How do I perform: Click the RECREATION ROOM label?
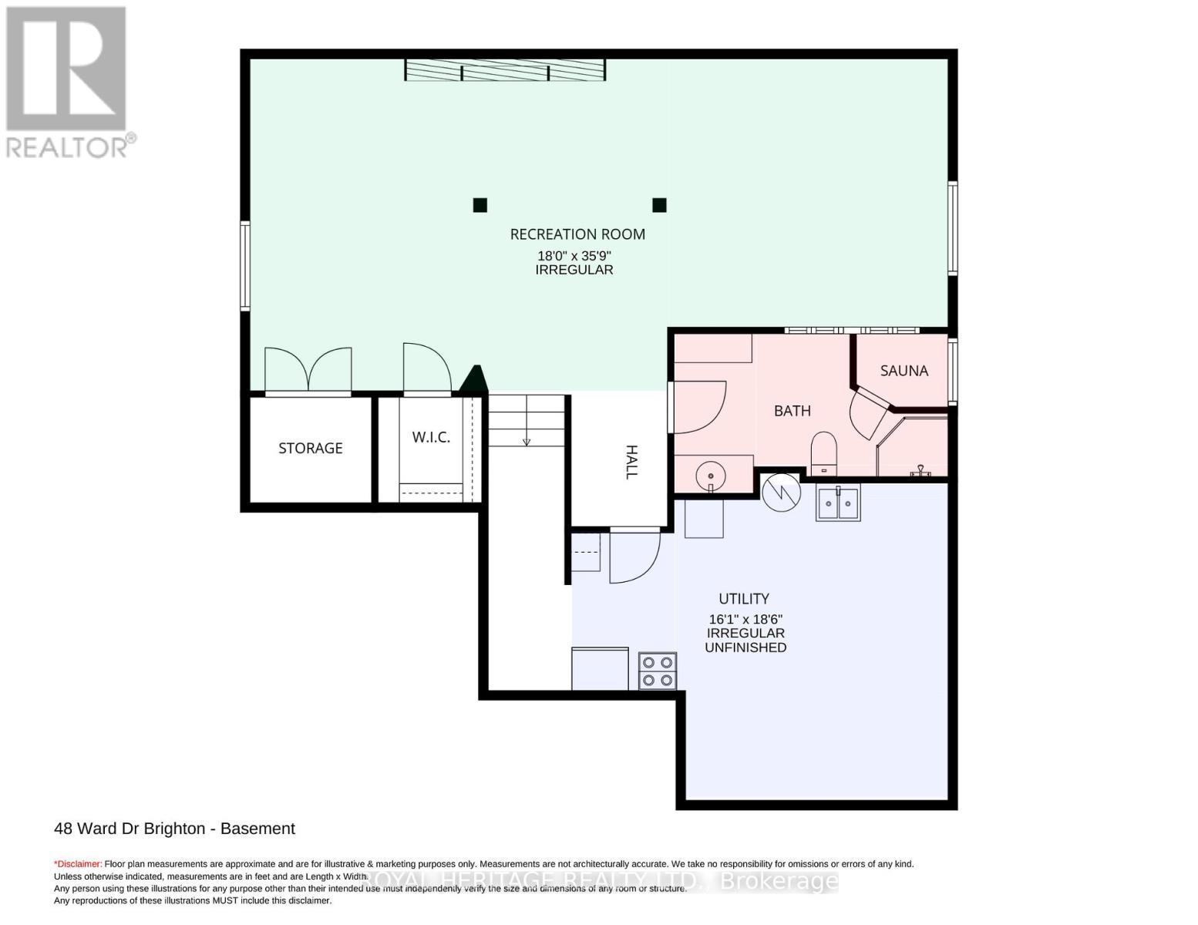pyautogui.click(x=577, y=234)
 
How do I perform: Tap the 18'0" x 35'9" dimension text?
pyautogui.click(x=575, y=256)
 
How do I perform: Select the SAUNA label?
pyautogui.click(x=904, y=371)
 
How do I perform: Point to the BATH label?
pyautogui.click(x=792, y=411)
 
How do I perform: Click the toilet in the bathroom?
pyautogui.click(x=823, y=453)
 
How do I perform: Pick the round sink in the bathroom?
pyautogui.click(x=711, y=476)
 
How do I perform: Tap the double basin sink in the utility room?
pyautogui.click(x=838, y=503)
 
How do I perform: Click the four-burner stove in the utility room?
pyautogui.click(x=658, y=671)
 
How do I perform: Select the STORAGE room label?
pyautogui.click(x=311, y=448)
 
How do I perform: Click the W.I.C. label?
pyautogui.click(x=431, y=438)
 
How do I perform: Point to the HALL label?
pyautogui.click(x=632, y=462)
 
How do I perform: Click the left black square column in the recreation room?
pyautogui.click(x=480, y=205)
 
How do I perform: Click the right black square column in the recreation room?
pyautogui.click(x=659, y=205)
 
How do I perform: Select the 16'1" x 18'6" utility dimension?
pyautogui.click(x=746, y=620)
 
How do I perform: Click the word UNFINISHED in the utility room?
pyautogui.click(x=745, y=647)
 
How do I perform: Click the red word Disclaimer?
pyautogui.click(x=78, y=864)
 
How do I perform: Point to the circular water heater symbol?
pyautogui.click(x=781, y=492)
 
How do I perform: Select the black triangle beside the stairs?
pyautogui.click(x=475, y=380)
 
